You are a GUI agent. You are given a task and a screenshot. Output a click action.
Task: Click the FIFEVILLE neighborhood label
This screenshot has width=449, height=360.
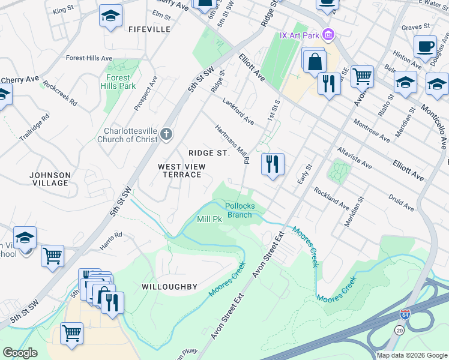point(149,29)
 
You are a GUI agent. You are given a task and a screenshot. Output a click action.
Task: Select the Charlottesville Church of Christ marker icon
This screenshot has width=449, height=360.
point(166,135)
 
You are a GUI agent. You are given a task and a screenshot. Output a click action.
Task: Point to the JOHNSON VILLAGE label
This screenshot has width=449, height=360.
point(50,179)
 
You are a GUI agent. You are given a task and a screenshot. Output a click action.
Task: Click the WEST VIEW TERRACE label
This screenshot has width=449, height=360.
point(181,170)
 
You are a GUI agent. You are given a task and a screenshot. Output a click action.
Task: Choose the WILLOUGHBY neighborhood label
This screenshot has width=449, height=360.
point(169,287)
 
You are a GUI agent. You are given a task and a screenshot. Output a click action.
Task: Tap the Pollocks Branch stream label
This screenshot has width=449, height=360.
point(240,211)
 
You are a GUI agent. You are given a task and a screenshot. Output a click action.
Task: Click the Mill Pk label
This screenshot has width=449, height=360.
point(209,220)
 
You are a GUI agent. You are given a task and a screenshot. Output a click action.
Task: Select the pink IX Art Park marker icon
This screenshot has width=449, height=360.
point(328,34)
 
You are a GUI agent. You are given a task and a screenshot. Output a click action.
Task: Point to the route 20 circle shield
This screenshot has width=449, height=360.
point(400,329)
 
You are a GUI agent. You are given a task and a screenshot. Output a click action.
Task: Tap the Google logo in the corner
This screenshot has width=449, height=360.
point(20,353)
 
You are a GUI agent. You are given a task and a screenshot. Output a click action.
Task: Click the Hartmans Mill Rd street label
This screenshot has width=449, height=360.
point(232,144)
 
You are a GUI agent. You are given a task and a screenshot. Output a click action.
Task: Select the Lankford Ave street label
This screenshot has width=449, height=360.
point(238,111)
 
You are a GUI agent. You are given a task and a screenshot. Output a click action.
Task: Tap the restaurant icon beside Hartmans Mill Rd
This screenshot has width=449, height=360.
point(273,164)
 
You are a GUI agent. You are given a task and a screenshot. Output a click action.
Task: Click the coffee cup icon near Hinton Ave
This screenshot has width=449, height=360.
point(425,47)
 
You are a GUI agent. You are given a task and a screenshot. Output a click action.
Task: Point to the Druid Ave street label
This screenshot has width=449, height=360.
point(402,203)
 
